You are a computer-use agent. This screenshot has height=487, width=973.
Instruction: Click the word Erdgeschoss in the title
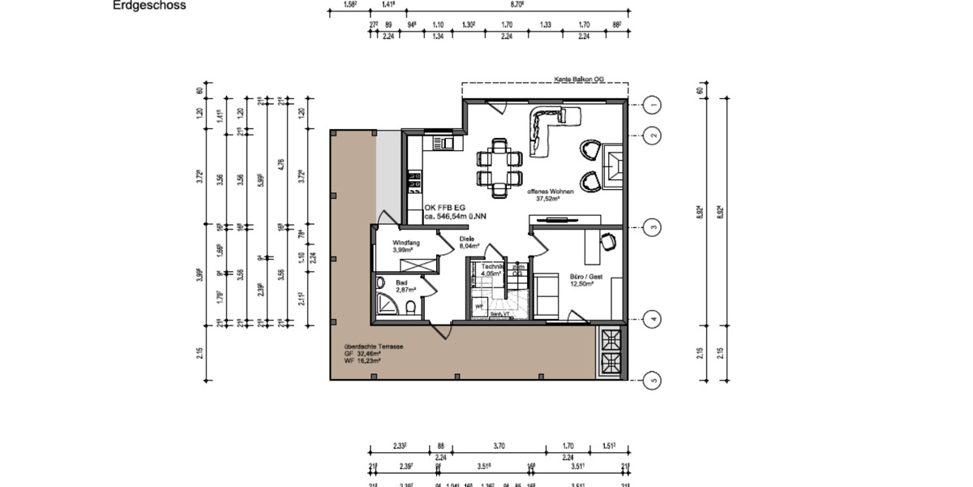[149, 6]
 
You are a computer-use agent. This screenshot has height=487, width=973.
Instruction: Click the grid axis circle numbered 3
[653, 226]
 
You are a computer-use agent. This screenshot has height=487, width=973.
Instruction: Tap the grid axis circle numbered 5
[653, 379]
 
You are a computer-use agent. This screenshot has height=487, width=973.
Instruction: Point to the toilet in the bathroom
[413, 307]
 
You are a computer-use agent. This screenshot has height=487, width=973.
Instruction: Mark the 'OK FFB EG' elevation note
[443, 208]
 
